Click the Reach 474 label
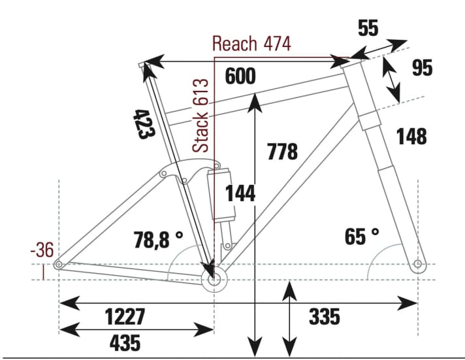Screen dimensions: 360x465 pyautogui.click(x=251, y=44)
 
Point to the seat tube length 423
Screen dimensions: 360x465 pyautogui.click(x=144, y=123)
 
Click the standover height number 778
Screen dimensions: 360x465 pyautogui.click(x=282, y=152)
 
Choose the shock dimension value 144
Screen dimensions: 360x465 pyautogui.click(x=240, y=193)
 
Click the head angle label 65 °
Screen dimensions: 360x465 pyautogui.click(x=362, y=237)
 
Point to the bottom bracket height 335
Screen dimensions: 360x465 pyautogui.click(x=324, y=317)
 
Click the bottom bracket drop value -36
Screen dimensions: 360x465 pyautogui.click(x=42, y=250)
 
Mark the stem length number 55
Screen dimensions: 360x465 pyautogui.click(x=368, y=29)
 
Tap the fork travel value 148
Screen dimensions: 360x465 pyautogui.click(x=411, y=137)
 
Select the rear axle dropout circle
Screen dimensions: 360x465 pyautogui.click(x=59, y=265)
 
